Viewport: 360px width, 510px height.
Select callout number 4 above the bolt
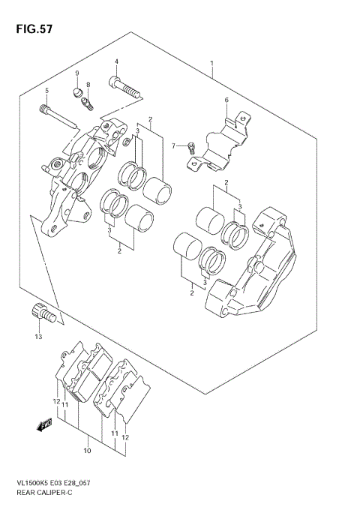point(116,61)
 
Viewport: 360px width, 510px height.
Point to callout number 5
point(46,91)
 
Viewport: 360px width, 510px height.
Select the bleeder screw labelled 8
point(89,100)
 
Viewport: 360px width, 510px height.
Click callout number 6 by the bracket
point(226,100)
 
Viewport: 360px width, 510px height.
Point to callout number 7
point(173,145)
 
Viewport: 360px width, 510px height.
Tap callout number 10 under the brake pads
point(87,451)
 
